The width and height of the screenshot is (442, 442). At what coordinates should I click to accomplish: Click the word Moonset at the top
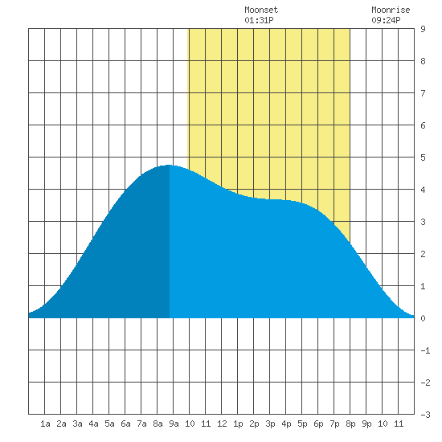click(x=261, y=10)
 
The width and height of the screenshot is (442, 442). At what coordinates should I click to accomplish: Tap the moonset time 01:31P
click(x=259, y=20)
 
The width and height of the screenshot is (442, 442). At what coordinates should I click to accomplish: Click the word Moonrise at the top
click(x=391, y=10)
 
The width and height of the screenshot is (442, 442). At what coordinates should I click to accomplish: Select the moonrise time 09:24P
click(x=386, y=20)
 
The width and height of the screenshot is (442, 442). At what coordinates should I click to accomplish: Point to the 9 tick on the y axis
click(x=423, y=29)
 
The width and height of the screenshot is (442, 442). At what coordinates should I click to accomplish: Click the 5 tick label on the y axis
click(x=423, y=158)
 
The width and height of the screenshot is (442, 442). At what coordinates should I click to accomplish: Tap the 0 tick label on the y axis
click(x=423, y=318)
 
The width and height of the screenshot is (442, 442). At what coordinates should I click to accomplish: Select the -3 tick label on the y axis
click(x=425, y=415)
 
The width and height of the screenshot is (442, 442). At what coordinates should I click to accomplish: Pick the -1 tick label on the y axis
click(x=425, y=350)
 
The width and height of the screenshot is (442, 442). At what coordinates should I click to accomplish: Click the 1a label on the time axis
click(x=45, y=424)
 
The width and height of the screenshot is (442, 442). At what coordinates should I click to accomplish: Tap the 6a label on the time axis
click(x=125, y=424)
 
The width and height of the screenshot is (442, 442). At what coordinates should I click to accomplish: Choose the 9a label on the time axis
click(x=174, y=424)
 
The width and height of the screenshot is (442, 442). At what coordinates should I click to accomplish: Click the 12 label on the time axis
click(x=222, y=424)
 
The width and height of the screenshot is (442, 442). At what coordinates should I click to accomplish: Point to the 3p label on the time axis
click(x=270, y=424)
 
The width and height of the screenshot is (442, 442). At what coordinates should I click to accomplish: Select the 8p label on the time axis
click(x=350, y=424)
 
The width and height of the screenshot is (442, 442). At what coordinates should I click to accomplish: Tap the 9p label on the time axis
click(x=366, y=424)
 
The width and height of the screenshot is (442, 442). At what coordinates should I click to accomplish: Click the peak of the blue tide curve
click(x=169, y=166)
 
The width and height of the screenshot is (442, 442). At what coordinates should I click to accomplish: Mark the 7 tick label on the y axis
click(x=423, y=93)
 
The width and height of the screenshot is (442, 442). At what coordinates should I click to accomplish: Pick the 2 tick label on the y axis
click(x=423, y=254)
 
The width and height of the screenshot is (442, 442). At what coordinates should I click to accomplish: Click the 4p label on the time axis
click(x=286, y=424)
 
